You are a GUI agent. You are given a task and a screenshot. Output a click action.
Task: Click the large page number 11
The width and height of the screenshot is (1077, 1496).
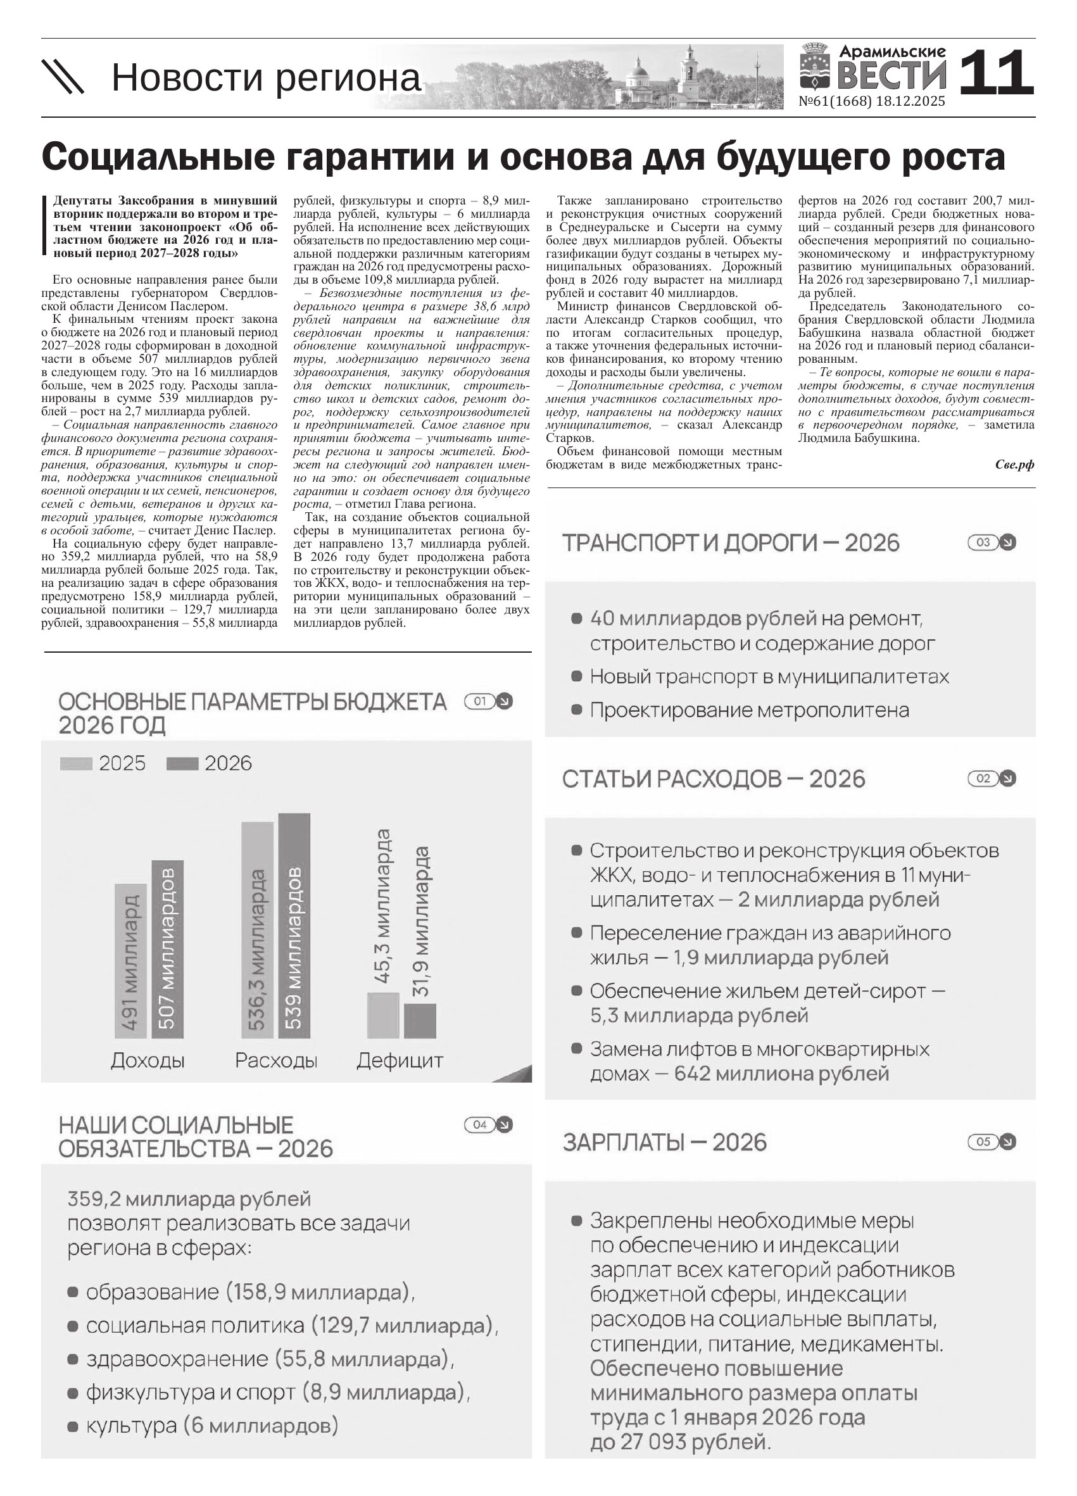pyautogui.click(x=995, y=73)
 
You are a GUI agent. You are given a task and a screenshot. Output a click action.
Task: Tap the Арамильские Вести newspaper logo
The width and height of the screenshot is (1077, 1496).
pyautogui.click(x=874, y=68)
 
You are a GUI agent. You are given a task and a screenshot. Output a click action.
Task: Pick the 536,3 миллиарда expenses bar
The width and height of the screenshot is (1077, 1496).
pyautogui.click(x=257, y=930)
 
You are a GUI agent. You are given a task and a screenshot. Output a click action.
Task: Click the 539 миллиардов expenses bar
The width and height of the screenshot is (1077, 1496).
pyautogui.click(x=294, y=926)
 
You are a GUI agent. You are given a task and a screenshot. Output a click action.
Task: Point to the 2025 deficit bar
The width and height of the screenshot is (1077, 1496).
pyautogui.click(x=383, y=1015)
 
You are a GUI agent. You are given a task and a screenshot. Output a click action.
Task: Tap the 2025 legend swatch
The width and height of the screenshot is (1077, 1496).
pyautogui.click(x=76, y=764)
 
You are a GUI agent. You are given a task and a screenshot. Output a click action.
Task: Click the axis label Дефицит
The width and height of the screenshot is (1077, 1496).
pyautogui.click(x=400, y=1060)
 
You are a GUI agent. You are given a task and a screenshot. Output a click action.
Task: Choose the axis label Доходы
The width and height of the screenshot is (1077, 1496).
pyautogui.click(x=148, y=1060)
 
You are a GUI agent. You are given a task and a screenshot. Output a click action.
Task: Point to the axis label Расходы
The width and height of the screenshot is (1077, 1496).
pyautogui.click(x=275, y=1060)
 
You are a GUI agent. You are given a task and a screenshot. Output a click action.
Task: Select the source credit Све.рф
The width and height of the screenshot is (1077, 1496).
pyautogui.click(x=1014, y=465)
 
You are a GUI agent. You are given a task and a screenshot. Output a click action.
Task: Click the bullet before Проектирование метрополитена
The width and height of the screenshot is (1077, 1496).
pyautogui.click(x=576, y=710)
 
